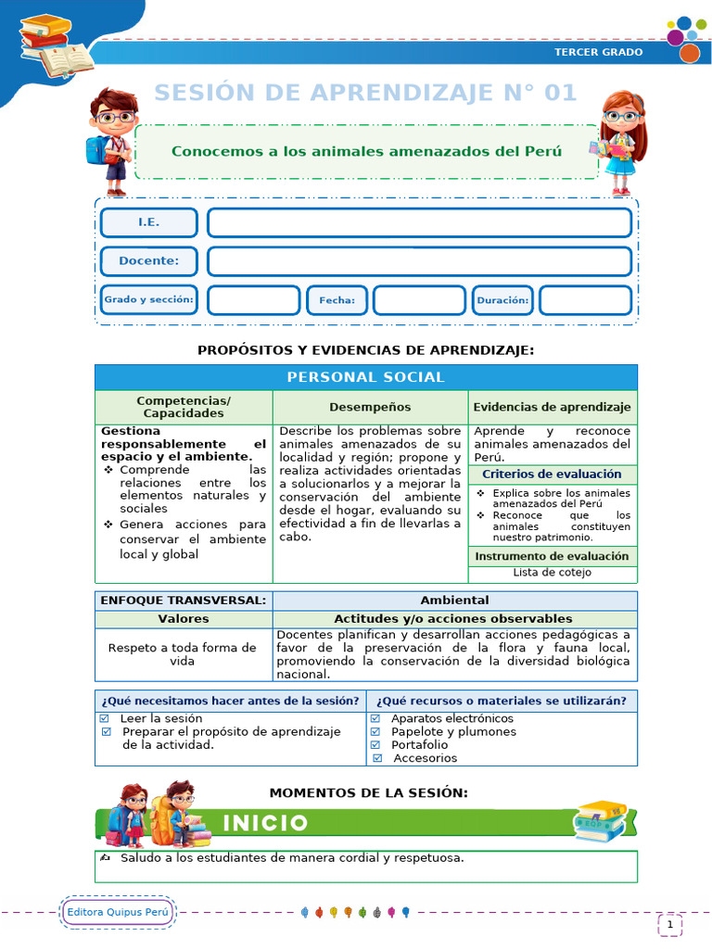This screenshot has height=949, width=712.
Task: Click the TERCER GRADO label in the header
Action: click(598, 52)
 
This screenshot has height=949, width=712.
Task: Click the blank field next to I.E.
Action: click(419, 223)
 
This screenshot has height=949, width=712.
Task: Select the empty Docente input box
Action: click(419, 261)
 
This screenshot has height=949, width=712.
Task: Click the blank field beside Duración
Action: click(585, 300)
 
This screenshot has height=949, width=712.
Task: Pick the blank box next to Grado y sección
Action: click(253, 300)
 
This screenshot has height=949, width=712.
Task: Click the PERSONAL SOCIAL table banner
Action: click(365, 377)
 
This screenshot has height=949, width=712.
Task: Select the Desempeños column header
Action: click(370, 407)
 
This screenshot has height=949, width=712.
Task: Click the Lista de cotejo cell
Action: click(552, 573)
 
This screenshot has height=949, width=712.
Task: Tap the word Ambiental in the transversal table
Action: click(454, 601)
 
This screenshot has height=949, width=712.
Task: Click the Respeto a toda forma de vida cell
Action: click(183, 654)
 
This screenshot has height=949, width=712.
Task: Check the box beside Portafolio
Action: click(375, 744)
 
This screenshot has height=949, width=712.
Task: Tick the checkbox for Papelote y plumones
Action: click(375, 731)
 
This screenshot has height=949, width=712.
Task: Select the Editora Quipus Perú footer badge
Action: click(118, 913)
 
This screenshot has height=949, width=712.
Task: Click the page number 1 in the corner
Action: click(669, 924)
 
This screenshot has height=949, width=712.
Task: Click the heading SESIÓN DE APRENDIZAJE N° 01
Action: click(365, 93)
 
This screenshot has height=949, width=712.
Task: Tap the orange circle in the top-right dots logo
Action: click(689, 54)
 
